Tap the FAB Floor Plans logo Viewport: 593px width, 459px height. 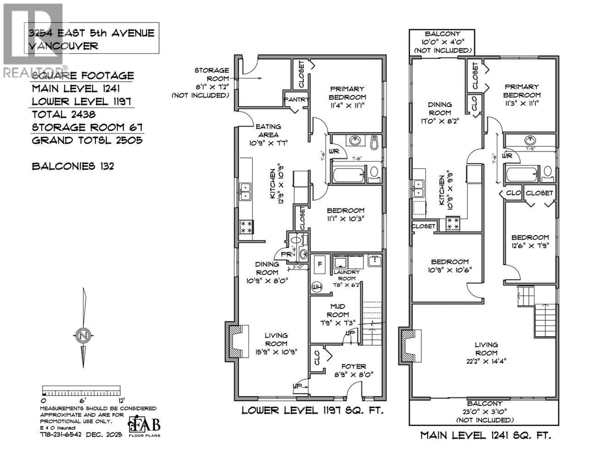pos(144,426)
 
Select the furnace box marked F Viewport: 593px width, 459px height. pos(320,264)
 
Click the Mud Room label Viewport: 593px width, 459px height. pos(338,314)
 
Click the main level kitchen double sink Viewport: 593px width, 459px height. pos(418,188)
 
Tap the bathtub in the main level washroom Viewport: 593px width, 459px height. pos(521,174)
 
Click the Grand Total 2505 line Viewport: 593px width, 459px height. pos(87,140)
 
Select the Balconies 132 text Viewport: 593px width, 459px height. pos(73,166)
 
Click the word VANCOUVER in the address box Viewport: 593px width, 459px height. pos(63,46)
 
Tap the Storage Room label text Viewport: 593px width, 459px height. pos(212,75)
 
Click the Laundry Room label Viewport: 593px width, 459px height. pos(347,275)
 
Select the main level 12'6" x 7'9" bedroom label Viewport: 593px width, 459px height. pos(530,241)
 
